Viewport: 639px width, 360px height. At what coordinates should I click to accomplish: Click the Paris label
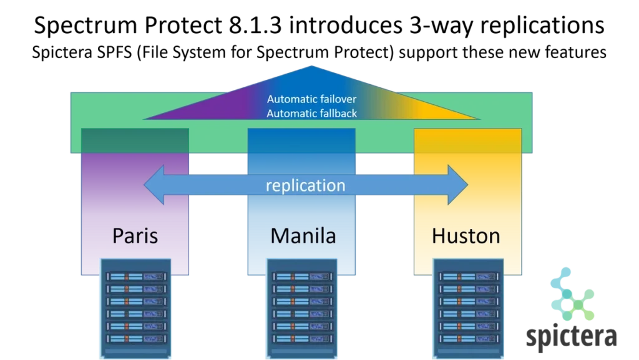click(x=135, y=236)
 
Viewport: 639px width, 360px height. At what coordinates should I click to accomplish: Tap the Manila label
click(x=303, y=236)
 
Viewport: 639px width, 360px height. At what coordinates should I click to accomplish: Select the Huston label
click(x=466, y=236)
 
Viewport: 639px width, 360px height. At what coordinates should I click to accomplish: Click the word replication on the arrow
click(x=305, y=185)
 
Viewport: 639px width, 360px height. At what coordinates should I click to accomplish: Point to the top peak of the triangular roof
click(x=312, y=67)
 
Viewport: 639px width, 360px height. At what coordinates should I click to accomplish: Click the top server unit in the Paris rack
click(x=136, y=276)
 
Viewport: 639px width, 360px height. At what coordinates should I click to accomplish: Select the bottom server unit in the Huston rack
click(x=468, y=339)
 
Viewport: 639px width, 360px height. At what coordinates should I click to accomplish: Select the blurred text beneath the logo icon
click(x=571, y=338)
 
